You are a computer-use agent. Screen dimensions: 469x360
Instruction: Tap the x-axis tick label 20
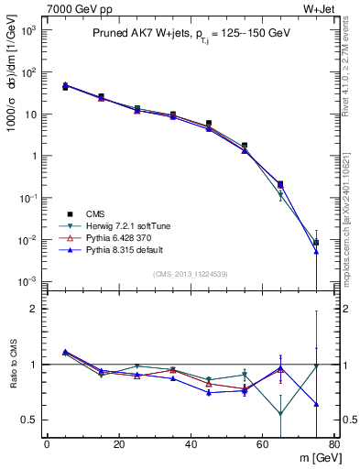tap(119, 445)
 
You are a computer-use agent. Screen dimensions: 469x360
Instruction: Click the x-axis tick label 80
tap(334, 445)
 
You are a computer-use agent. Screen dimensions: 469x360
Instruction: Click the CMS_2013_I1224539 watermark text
tap(191, 273)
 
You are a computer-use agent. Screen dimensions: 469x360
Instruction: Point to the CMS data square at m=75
tap(316, 243)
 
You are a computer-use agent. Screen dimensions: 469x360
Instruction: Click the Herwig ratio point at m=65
tap(280, 413)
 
